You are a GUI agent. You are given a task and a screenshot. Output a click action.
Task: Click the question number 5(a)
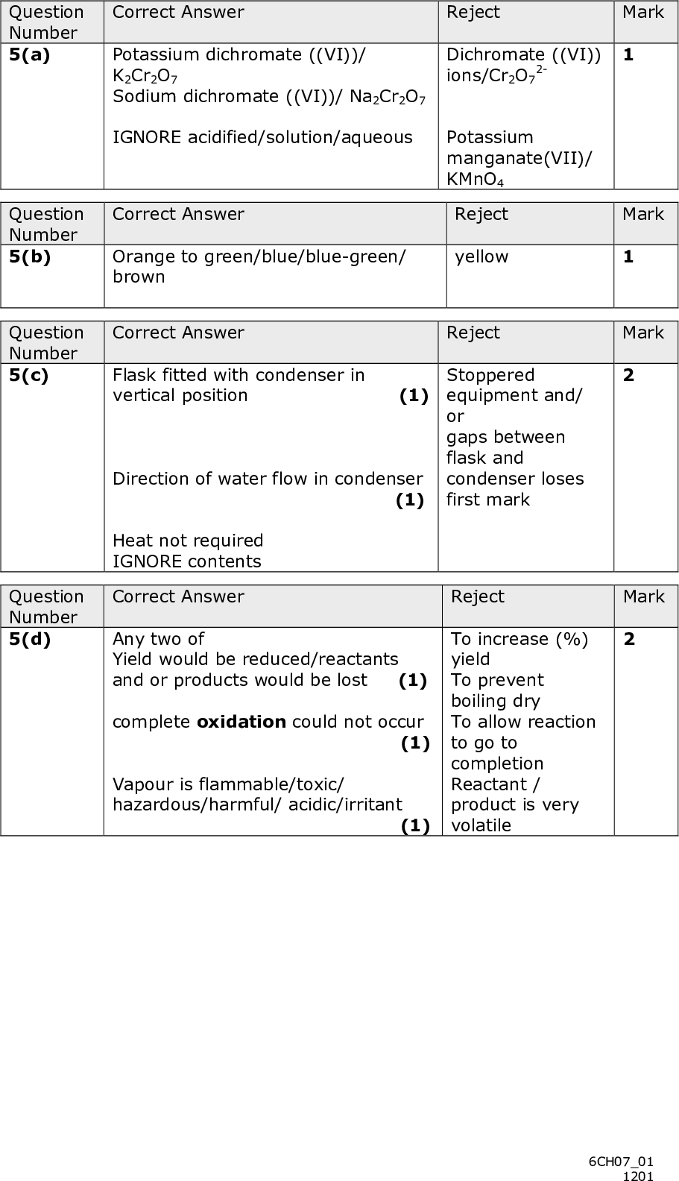tap(30, 54)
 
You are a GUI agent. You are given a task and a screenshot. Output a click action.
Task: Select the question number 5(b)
tap(30, 256)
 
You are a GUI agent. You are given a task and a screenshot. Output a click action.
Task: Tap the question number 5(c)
tap(29, 375)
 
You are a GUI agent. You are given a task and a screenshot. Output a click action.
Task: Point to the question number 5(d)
tap(30, 639)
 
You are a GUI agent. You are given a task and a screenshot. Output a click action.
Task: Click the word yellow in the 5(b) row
tap(481, 256)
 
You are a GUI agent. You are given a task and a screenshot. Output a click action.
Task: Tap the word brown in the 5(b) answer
tap(139, 277)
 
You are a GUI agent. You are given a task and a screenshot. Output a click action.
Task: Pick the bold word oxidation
tap(241, 722)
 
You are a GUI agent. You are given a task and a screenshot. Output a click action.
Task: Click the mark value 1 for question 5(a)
tap(629, 54)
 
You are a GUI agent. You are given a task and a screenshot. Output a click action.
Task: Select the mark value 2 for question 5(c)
tap(629, 375)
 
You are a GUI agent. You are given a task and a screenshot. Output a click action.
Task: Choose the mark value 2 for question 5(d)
tap(629, 639)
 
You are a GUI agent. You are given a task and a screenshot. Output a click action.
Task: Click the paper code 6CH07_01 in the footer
tap(621, 1162)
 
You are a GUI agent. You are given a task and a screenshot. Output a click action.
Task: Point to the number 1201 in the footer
tap(638, 1176)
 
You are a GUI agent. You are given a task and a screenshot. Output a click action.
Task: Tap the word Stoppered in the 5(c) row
tap(490, 375)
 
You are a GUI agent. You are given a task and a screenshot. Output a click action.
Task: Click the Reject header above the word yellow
tap(481, 214)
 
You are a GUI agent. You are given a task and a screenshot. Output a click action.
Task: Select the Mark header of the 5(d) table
tap(643, 596)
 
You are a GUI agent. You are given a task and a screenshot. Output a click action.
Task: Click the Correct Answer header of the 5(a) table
tap(178, 12)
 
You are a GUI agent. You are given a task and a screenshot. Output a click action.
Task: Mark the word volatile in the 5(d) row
tap(481, 825)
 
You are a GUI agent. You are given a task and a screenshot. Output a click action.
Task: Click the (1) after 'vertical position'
tap(414, 396)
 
